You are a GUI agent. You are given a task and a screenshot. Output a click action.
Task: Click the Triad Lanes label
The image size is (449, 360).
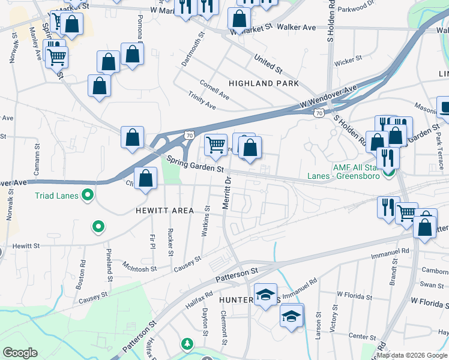[x=57, y=195]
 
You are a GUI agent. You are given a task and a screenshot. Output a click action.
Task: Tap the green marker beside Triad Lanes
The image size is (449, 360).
[x=88, y=195]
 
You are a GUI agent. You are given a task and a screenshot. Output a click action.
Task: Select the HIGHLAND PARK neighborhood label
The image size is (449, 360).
[x=264, y=83]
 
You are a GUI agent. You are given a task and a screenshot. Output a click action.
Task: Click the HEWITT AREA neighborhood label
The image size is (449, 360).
[x=164, y=211]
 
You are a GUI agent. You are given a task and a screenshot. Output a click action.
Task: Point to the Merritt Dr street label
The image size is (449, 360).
[x=227, y=193]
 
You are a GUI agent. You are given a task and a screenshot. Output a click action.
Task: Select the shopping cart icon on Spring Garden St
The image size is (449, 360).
[x=215, y=145]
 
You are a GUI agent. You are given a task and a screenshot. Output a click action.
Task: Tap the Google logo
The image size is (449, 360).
[x=20, y=353]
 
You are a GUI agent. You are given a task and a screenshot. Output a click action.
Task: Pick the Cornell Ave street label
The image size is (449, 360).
[x=214, y=91]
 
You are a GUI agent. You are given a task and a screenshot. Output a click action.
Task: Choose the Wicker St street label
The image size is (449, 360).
[x=349, y=61]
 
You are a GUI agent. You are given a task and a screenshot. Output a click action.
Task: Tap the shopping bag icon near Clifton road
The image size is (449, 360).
[x=145, y=178]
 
